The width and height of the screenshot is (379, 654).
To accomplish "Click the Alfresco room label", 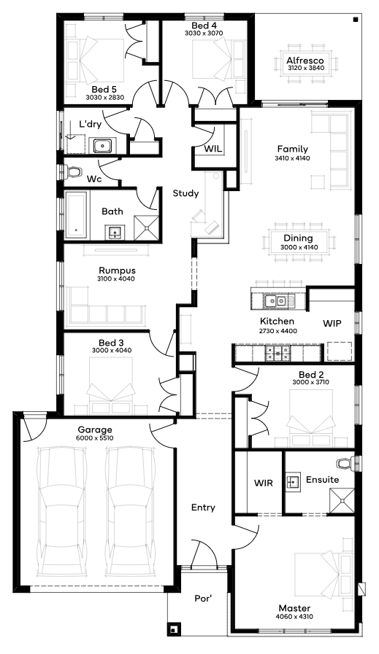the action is pyautogui.click(x=305, y=61).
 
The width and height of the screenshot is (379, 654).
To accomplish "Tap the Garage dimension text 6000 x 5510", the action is pyautogui.click(x=95, y=438).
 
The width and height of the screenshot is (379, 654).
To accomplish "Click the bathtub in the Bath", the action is pyautogui.click(x=77, y=216).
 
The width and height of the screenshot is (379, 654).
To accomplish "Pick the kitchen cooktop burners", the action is pyautogui.click(x=277, y=353).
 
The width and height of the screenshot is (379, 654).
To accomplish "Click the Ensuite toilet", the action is pyautogui.click(x=345, y=464).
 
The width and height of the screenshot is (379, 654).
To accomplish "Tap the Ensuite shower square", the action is pyautogui.click(x=342, y=499).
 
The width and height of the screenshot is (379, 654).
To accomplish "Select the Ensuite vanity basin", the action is pyautogui.click(x=294, y=481).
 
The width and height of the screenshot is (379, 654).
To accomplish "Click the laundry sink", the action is pyautogui.click(x=102, y=146).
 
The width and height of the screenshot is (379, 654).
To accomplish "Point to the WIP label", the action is pyautogui.click(x=332, y=323).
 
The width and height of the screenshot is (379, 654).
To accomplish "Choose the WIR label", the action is pyautogui.click(x=264, y=483).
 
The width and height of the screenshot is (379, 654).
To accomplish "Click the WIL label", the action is pyautogui.click(x=213, y=149).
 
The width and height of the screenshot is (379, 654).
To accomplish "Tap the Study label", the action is pyautogui.click(x=186, y=193).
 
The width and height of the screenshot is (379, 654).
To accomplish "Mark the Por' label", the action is pyautogui.click(x=204, y=599).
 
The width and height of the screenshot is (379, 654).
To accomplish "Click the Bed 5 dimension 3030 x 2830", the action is pyautogui.click(x=105, y=98).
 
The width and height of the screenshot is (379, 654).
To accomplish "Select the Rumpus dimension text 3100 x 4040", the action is pyautogui.click(x=116, y=279).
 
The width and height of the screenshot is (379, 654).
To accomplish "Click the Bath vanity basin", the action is pyautogui.click(x=114, y=233).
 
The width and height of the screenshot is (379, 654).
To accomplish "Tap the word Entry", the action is pyautogui.click(x=203, y=507).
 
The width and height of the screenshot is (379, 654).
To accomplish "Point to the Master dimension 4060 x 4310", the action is pyautogui.click(x=294, y=617).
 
